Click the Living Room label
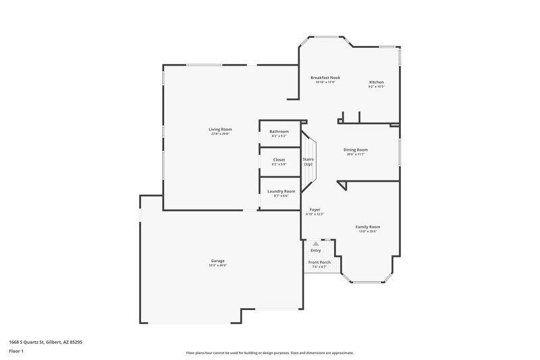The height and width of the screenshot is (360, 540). coord(220,129)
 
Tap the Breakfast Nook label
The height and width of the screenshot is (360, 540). coord(325,78)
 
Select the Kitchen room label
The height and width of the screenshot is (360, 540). coord(376,82)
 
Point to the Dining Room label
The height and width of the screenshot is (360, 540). coord(356,149)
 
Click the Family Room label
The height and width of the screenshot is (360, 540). coord(368,227)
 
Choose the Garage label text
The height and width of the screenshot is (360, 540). coord(217,261)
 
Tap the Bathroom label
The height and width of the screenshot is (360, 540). coord(279,131)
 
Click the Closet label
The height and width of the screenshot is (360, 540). coord(279,159)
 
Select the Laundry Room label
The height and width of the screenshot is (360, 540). coord(281,191)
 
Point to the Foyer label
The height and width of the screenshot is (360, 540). coord(315,209)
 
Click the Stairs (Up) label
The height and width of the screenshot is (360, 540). coord(308,161)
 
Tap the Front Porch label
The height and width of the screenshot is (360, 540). coord(319,262)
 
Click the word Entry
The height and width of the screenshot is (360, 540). coord(316,251)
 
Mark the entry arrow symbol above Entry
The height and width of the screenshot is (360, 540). coord(316,243)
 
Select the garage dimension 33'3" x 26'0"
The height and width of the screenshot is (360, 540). coord(217,265)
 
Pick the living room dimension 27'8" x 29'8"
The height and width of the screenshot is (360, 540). coord(220,134)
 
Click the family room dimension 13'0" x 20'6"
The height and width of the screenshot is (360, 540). coord(368,232)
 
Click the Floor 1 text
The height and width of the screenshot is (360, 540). coord(16,352)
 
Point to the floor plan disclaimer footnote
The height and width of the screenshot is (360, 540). coord(270,353)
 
